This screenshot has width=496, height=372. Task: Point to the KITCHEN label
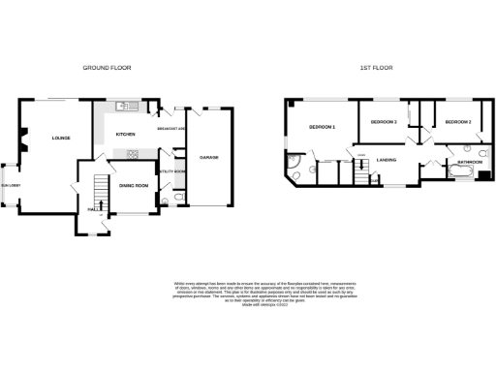click(126, 135)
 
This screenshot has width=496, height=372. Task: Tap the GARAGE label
click(208, 156)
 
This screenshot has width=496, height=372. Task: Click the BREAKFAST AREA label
click(171, 130)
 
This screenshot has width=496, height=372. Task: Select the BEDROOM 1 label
click(322, 127)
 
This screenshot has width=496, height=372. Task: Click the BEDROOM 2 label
click(457, 123)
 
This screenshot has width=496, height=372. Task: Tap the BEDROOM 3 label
click(384, 122)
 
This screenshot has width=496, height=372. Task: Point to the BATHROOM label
click(472, 161)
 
